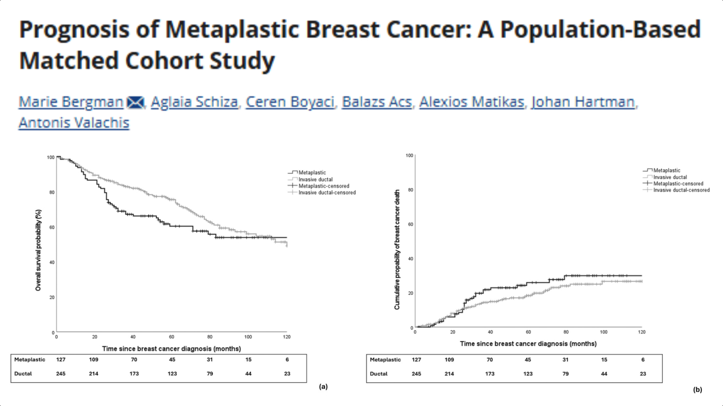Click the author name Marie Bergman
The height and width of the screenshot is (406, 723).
tap(71, 102)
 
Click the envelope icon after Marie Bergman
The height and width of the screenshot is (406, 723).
tap(136, 103)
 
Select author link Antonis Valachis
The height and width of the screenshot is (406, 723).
tap(74, 123)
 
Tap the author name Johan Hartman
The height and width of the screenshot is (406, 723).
tap(583, 102)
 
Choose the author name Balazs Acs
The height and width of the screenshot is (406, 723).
tap(378, 102)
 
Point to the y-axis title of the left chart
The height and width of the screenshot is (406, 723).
tap(38, 250)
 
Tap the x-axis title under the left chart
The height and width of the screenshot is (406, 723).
tap(171, 349)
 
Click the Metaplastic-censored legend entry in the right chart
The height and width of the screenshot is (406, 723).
tap(678, 183)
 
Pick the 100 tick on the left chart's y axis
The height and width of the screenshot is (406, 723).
tap(51, 157)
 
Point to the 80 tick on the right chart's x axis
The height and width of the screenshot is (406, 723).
tap(566, 332)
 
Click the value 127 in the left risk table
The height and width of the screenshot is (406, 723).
tap(61, 360)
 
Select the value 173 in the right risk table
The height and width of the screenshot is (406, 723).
tap(490, 374)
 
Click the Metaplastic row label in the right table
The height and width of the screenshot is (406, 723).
tap(385, 360)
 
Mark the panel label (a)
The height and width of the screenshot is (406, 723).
tap(323, 386)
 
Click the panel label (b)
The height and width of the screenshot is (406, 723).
tap(698, 390)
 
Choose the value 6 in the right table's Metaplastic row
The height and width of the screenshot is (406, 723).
tap(643, 360)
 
